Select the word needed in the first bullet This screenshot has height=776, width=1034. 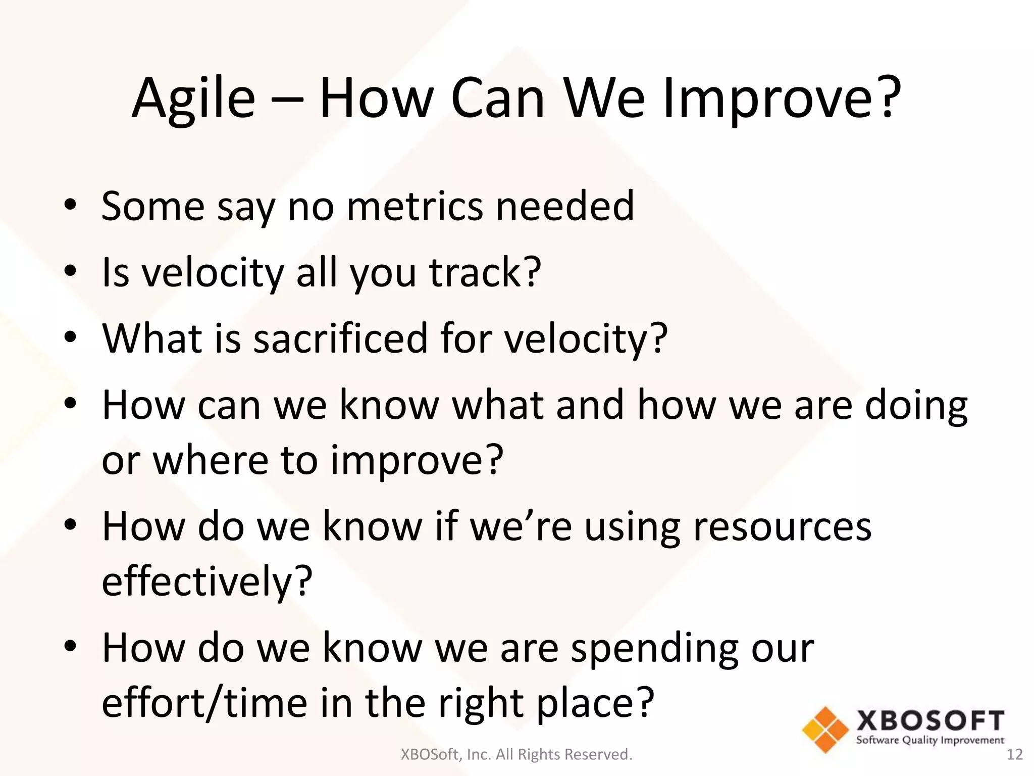565,206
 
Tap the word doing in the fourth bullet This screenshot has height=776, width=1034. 916,405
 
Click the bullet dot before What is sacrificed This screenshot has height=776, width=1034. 70,337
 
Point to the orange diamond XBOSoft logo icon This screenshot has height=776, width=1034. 825,730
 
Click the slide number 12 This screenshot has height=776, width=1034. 1014,755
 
